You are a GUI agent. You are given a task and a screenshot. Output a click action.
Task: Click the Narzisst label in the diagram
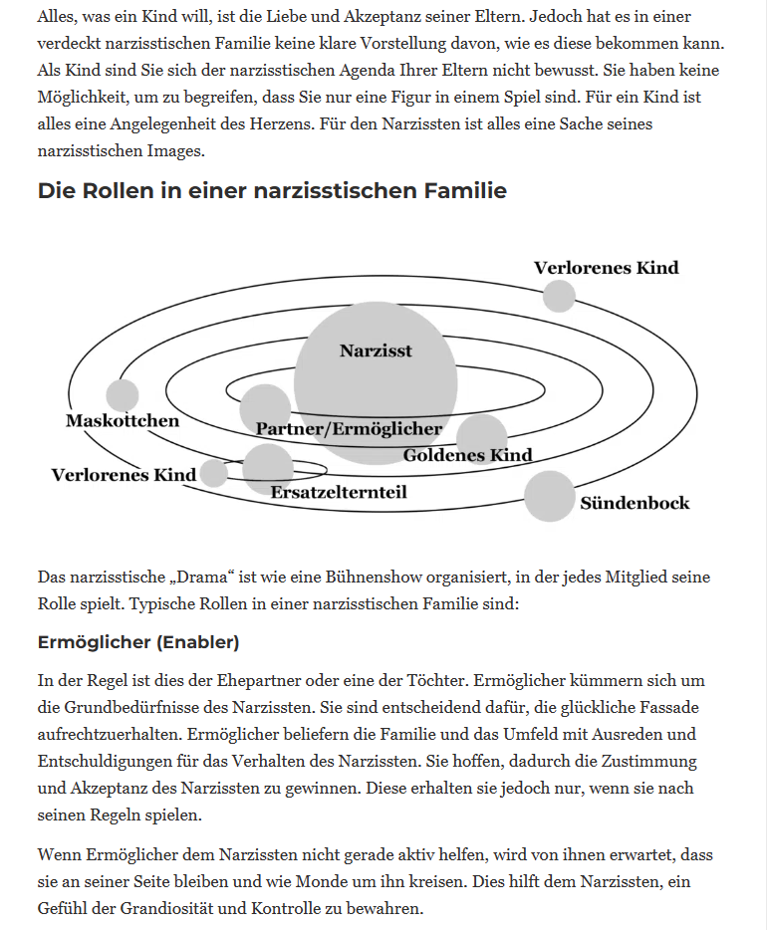376,350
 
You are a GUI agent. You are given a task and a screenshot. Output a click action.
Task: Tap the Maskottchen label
123,420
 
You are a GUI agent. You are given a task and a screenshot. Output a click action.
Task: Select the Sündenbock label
635,503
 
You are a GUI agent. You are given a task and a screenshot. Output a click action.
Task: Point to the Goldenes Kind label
467,455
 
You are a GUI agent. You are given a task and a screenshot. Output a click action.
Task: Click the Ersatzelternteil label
339,492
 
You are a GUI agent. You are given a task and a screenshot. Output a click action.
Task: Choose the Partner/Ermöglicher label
349,429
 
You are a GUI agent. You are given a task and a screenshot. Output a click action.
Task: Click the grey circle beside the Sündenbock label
549,496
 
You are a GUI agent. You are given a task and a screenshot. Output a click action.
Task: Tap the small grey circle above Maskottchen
123,395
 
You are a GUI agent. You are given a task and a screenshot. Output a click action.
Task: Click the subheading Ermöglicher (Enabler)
138,642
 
